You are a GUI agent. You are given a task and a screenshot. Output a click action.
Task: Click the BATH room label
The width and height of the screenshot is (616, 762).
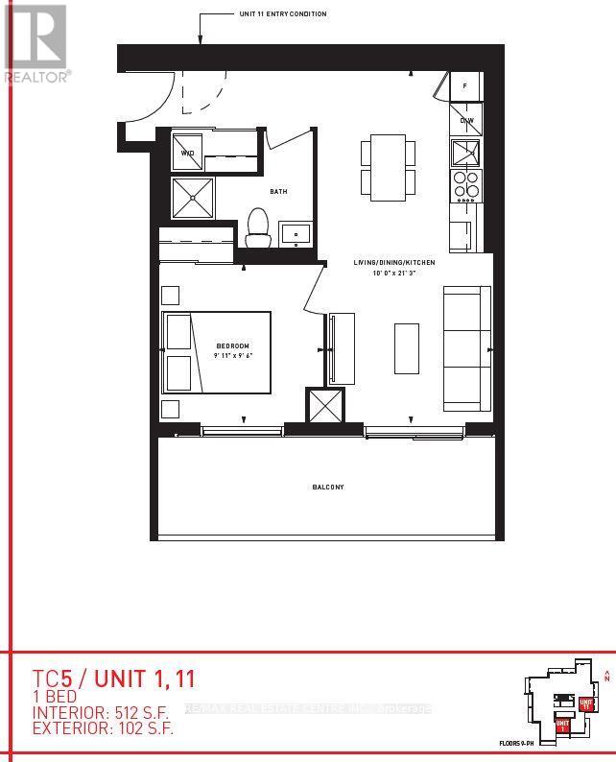click(278, 192)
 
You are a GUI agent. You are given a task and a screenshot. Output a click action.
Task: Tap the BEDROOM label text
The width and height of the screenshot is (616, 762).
click(233, 345)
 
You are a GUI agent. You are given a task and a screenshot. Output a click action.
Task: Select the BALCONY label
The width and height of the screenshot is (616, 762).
click(327, 488)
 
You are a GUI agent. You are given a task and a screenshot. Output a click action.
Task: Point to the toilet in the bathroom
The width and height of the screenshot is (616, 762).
click(257, 226)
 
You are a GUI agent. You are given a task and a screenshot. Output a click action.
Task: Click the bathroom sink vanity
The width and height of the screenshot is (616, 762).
click(296, 232)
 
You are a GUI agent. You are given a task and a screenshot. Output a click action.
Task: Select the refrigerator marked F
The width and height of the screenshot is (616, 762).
click(465, 86)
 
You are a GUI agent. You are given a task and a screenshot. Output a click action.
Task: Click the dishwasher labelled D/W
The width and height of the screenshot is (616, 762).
click(466, 121)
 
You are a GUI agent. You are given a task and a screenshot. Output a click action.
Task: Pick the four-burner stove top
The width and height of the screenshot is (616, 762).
click(466, 183)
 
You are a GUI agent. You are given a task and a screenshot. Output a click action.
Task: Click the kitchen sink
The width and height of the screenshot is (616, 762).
click(466, 152)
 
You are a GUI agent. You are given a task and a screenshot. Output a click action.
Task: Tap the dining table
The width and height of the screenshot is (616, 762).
click(389, 167)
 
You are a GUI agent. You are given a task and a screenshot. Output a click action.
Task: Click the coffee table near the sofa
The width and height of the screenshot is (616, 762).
click(407, 348)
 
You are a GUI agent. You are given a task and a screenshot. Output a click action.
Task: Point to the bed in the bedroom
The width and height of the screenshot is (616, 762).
click(216, 352)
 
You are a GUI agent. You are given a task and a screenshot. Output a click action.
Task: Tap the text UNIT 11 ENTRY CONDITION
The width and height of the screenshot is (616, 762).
click(284, 14)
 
